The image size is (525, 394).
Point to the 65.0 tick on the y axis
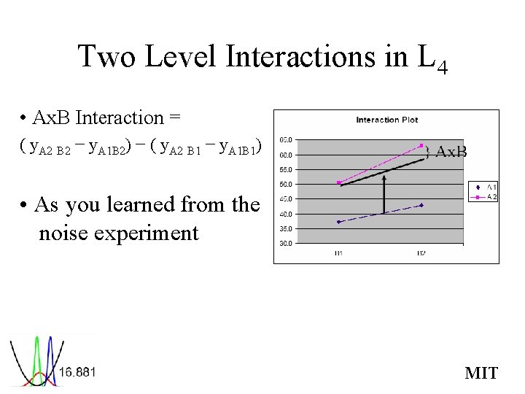(287, 139)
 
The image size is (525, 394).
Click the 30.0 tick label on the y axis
(287, 244)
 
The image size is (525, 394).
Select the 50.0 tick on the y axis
(287, 184)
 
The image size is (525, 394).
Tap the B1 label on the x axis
(339, 252)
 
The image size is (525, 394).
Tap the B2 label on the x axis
(421, 252)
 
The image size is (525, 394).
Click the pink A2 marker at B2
(421, 146)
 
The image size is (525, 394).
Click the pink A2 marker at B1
(339, 182)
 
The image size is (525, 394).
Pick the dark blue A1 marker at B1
(339, 222)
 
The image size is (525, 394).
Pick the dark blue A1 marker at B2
(421, 205)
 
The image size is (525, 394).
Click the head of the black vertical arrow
(385, 175)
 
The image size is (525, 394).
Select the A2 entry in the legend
(487, 196)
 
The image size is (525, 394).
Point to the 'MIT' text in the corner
(481, 374)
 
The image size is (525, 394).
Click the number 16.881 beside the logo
(77, 372)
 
